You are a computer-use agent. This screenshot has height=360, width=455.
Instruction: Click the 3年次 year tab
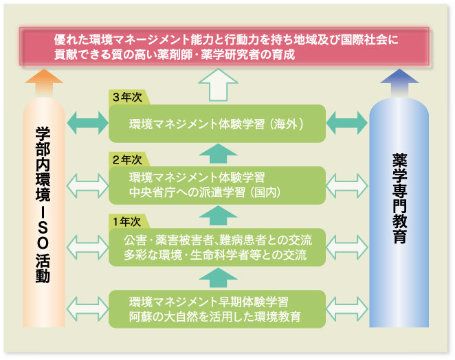[x=129, y=98]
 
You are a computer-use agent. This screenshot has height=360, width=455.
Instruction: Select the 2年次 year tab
[x=129, y=159]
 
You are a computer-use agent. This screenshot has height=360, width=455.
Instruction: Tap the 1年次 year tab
[x=129, y=222]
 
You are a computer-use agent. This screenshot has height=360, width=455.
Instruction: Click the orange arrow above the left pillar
[x=44, y=82]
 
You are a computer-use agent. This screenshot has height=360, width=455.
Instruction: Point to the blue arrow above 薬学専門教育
[x=399, y=82]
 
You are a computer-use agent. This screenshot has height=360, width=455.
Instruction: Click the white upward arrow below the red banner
[x=218, y=85]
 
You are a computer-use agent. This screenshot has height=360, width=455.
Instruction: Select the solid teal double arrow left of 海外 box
[x=87, y=123]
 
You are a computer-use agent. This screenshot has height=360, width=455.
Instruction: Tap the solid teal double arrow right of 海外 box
[x=347, y=123]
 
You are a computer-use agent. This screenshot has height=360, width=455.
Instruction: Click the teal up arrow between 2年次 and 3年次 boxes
[x=218, y=153]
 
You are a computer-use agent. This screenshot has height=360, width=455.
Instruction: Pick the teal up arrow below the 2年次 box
[x=218, y=216]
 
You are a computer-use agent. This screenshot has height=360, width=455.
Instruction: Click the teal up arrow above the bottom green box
[x=218, y=278]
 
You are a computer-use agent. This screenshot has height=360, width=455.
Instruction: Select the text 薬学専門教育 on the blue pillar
[x=399, y=199]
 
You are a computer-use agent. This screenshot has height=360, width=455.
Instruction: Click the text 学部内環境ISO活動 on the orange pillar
[x=43, y=205]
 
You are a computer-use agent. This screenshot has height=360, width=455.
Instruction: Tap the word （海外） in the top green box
[x=286, y=124]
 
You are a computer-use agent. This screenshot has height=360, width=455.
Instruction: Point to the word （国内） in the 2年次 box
[x=265, y=192]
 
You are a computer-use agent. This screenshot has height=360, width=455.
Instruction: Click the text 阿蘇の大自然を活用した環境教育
[x=214, y=317]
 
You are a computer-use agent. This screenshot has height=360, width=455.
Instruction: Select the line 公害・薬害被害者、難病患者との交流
[x=218, y=240]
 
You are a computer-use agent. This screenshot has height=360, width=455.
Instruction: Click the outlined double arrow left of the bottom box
[x=87, y=309]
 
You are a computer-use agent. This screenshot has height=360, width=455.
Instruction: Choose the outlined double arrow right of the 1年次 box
[x=347, y=247]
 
